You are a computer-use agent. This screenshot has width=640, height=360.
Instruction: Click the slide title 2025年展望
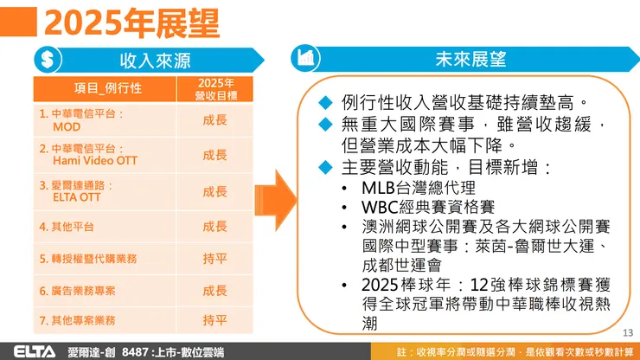pos(130,22)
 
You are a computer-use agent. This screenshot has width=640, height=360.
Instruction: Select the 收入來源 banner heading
pos(155,61)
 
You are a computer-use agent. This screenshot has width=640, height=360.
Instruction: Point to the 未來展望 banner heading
pos(470,60)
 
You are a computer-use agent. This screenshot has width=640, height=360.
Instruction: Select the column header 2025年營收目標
pos(214,88)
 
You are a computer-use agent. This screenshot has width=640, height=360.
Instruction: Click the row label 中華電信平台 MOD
pos(82,119)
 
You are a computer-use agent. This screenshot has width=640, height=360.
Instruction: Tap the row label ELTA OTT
pos(78,190)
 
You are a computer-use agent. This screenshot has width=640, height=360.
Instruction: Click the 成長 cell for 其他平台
pos(214,227)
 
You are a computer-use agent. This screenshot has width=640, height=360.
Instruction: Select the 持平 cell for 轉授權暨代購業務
pos(214,258)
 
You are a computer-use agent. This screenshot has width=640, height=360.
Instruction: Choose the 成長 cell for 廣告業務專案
pos(214,290)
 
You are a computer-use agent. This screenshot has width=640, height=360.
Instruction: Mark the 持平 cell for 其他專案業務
pos(214,320)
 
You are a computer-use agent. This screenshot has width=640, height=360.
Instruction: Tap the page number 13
pos(628,333)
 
